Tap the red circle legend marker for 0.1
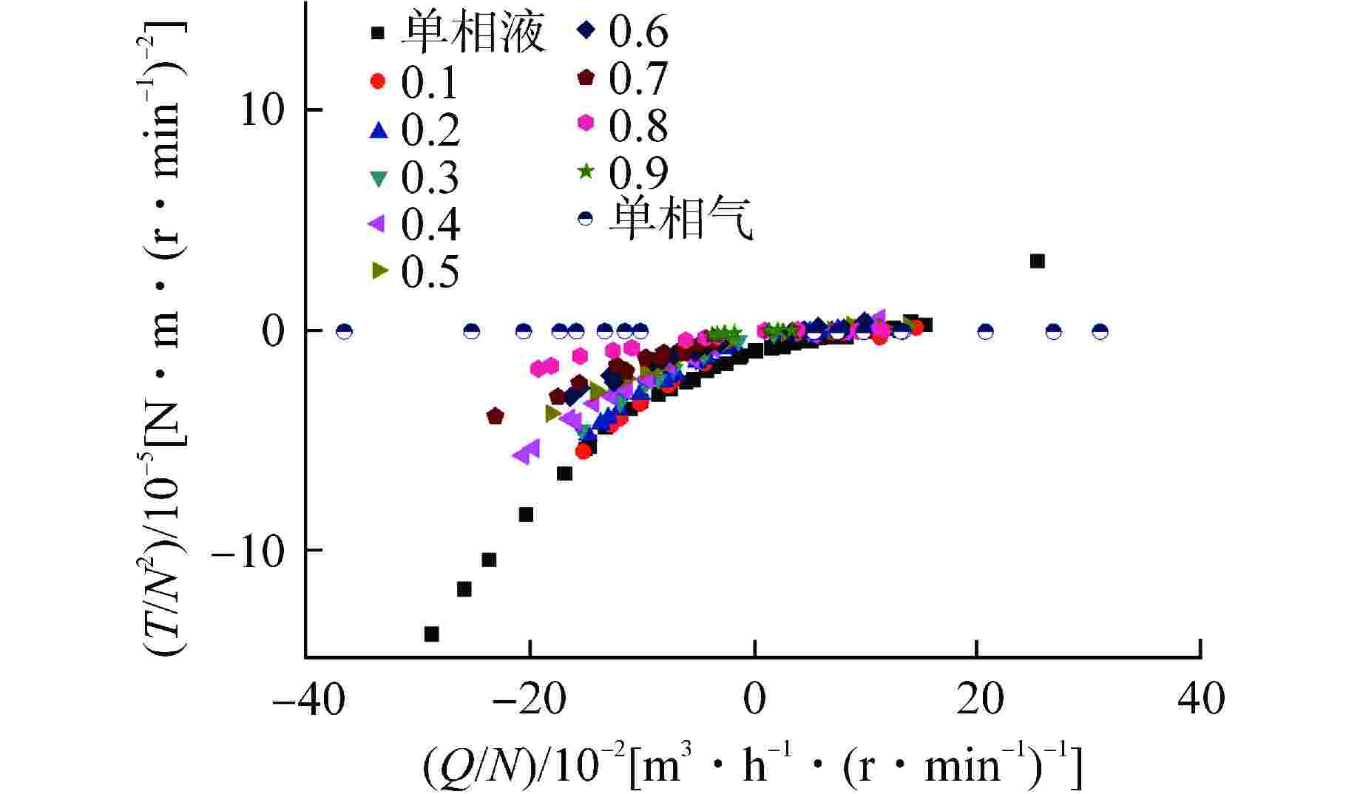coord(378,81)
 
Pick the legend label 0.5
coord(430,272)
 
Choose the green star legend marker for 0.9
coord(586,172)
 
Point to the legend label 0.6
coord(637,31)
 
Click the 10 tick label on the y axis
coord(263,111)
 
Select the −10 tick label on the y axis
coord(248,552)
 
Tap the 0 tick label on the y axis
coord(274,331)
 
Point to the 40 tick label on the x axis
coord(1201,699)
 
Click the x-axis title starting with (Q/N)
coord(752,765)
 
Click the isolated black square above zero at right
coord(1038,261)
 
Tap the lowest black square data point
coord(432,634)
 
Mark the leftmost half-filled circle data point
coord(344,331)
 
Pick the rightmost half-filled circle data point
coord(1100,331)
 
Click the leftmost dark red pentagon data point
coord(496,416)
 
